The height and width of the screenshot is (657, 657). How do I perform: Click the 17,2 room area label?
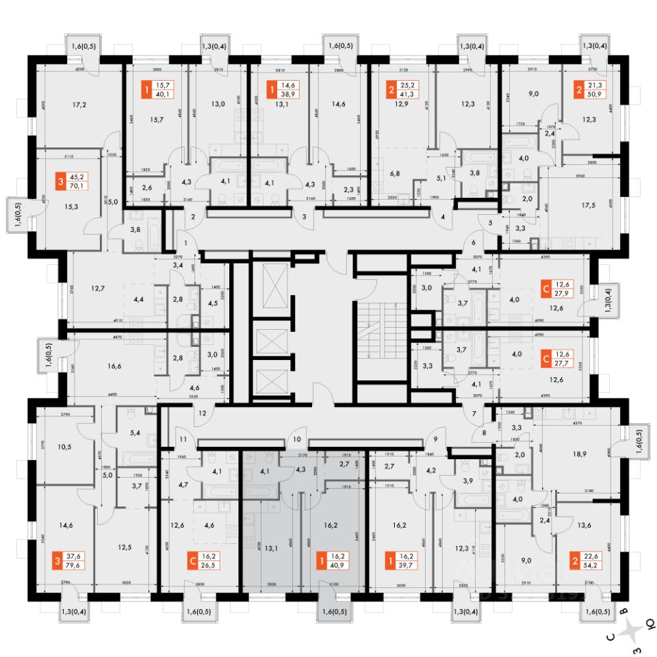click(81, 105)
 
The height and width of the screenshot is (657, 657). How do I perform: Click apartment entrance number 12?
click(202, 413)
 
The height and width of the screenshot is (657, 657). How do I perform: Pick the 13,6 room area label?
click(584, 526)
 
